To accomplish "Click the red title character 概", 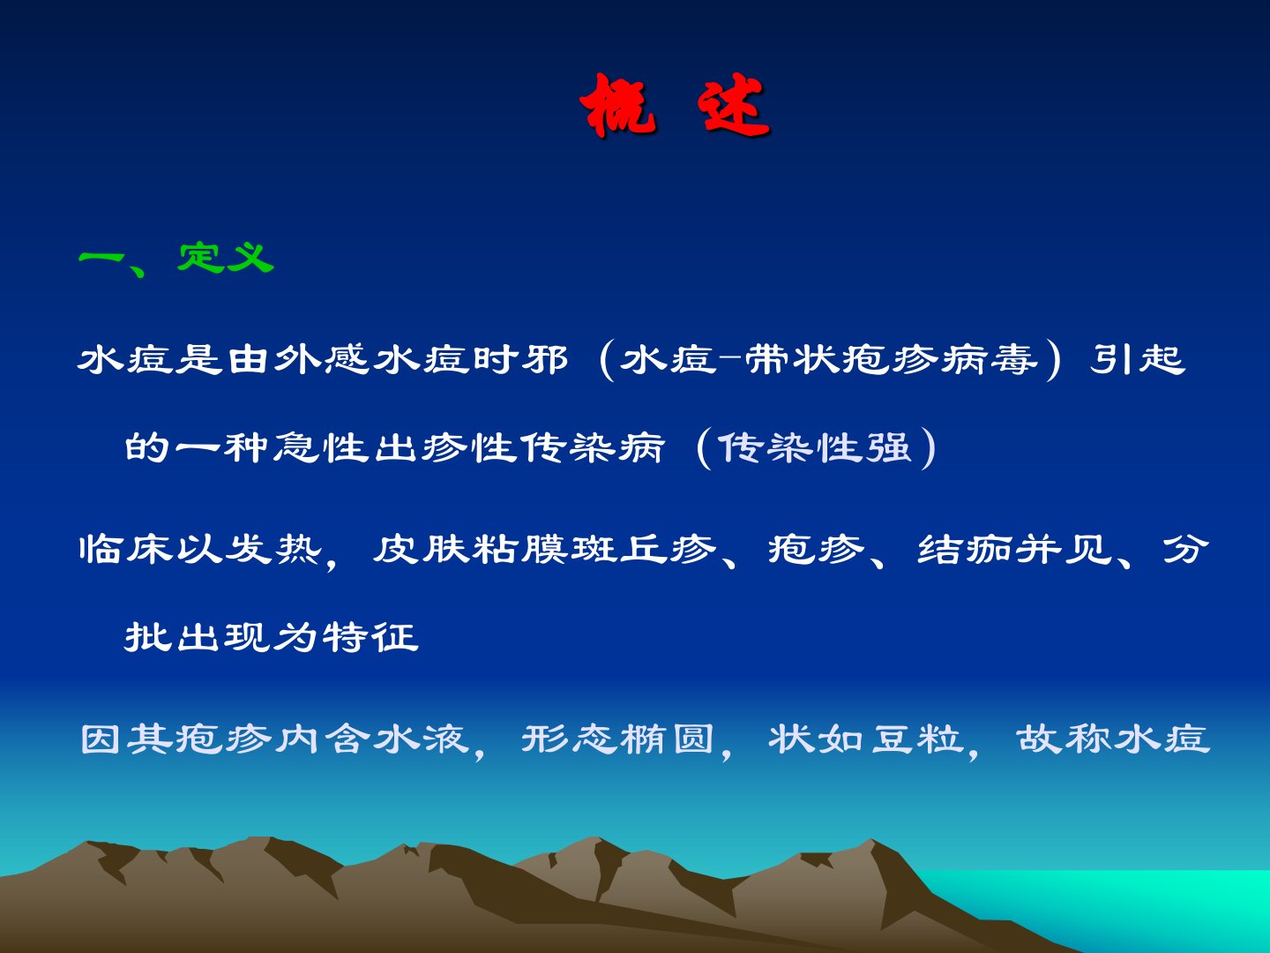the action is (618, 105).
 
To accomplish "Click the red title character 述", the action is (734, 105).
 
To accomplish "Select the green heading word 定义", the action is (226, 258).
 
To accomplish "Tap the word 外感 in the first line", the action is (321, 359).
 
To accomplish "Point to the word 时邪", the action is (519, 359).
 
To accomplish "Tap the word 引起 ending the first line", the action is (1138, 359).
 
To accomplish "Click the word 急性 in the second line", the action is (322, 447).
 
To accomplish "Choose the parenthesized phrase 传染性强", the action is (815, 447).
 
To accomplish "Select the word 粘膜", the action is (519, 549).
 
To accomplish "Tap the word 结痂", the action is (964, 549).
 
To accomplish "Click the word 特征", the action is (370, 637).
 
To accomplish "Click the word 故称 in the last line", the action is (1064, 739).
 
